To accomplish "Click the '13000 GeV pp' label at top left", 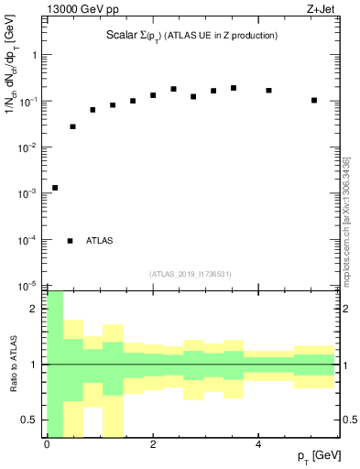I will [82, 10].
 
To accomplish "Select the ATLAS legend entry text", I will [100, 241].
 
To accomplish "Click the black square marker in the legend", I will [70, 241].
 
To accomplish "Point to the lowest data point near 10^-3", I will [55, 188].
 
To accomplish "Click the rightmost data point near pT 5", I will [314, 100].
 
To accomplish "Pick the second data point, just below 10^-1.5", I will [73, 126].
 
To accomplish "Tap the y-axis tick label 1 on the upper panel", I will [36, 55].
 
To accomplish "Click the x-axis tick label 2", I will [153, 445].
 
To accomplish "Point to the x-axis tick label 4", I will [259, 445].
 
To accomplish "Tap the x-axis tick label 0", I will [47, 445].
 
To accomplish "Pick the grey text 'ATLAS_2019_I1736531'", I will [191, 274].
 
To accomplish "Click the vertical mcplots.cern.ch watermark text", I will [346, 220].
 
